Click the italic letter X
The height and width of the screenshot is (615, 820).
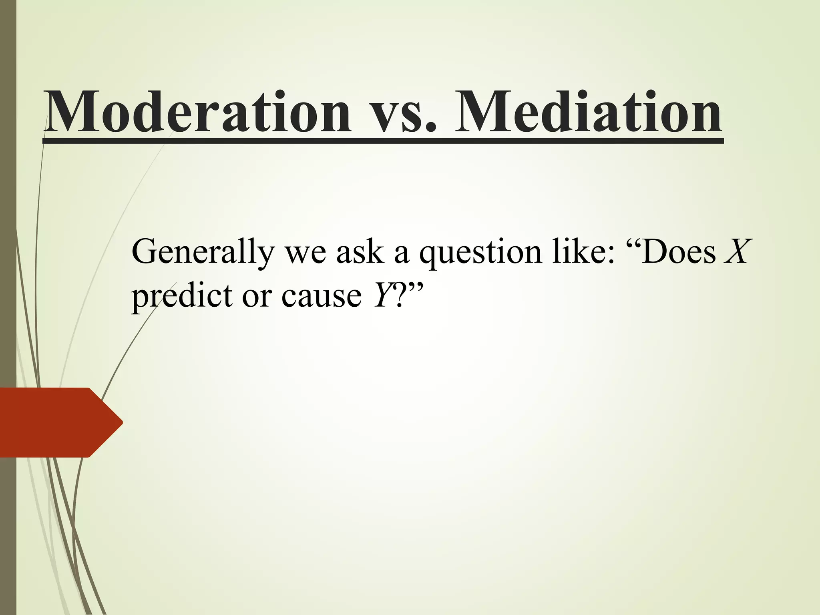[736, 251]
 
